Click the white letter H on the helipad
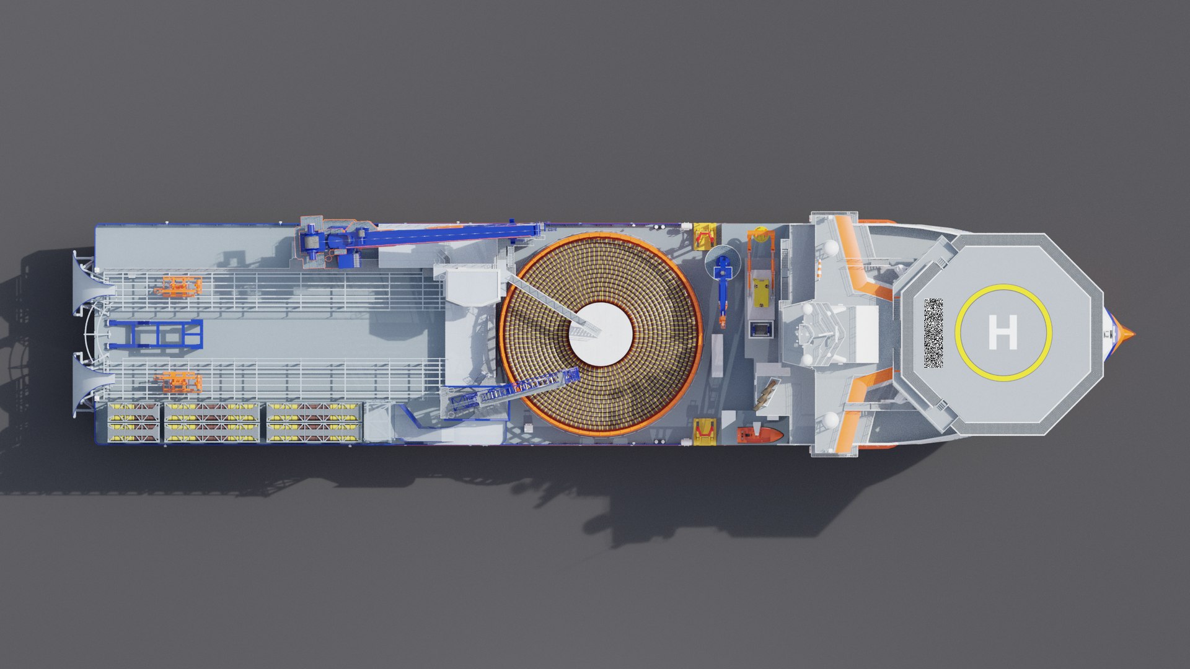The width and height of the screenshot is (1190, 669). point(1002,332)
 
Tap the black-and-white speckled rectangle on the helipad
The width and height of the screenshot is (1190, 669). point(933,333)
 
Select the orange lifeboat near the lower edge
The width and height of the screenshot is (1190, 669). point(760,434)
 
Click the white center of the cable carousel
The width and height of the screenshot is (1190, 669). point(601,333)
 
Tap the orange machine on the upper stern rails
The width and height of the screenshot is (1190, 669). point(178,286)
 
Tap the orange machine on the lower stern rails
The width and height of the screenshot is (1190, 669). point(178,382)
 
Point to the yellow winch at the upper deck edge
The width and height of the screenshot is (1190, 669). point(704,236)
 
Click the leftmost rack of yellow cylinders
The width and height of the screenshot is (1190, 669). point(133,422)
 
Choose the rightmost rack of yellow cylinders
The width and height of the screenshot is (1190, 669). point(313,422)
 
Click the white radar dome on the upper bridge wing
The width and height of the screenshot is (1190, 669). point(830,247)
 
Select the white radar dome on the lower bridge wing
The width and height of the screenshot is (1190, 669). point(831,419)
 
